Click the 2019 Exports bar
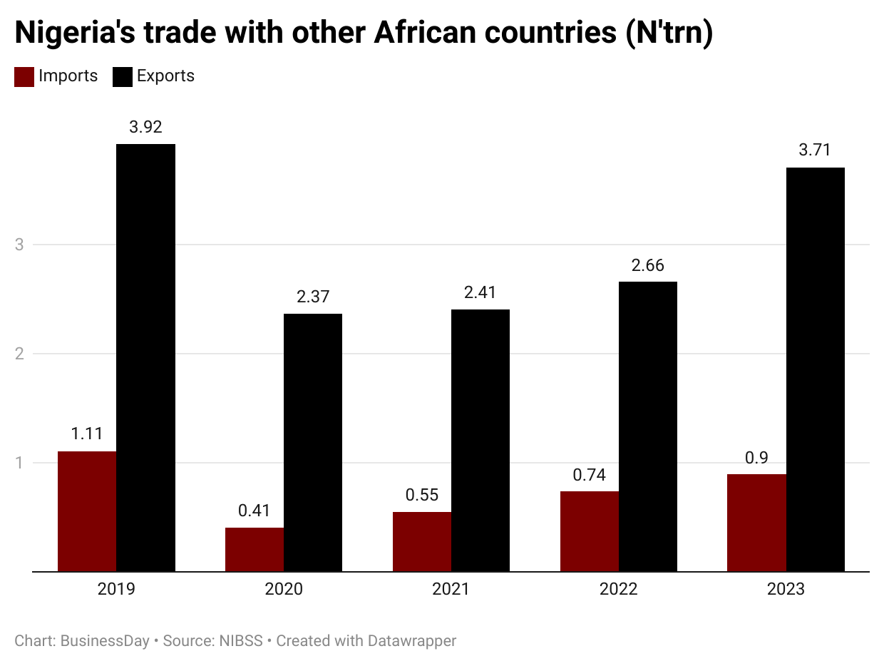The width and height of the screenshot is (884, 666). pos(145,357)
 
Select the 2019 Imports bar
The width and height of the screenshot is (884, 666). pos(87,511)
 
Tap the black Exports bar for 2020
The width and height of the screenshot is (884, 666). pos(313,442)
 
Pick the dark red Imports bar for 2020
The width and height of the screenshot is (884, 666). pos(255,549)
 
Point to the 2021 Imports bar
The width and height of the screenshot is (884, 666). pos(422,541)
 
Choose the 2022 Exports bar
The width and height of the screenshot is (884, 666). pos(648,426)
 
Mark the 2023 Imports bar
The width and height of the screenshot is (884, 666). pos(757,523)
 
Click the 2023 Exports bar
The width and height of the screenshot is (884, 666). pos(816,369)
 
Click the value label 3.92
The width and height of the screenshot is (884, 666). pos(145,127)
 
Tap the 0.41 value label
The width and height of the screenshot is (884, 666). pos(255,511)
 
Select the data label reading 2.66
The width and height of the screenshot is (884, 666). pos(647,265)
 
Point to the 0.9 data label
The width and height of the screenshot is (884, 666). pos(756,458)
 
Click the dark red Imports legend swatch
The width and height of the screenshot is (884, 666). pos(24,77)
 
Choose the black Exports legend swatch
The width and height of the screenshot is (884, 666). pos(123,77)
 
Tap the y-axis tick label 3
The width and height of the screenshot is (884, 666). pos(19,245)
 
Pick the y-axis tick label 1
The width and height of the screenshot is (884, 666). pos(19,463)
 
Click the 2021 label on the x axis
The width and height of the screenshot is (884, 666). pos(451,590)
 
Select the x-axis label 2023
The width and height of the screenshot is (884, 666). pos(786,590)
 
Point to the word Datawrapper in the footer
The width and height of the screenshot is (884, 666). pos(411,641)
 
